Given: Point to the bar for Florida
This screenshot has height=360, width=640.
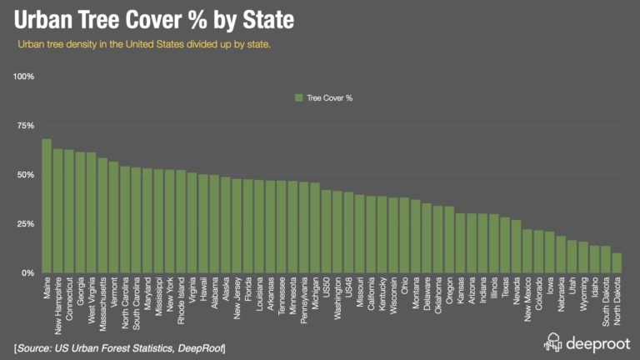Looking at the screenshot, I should (x=247, y=226).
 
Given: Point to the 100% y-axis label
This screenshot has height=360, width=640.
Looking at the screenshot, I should (x=22, y=77).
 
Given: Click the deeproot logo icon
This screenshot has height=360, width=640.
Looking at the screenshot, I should (x=553, y=342).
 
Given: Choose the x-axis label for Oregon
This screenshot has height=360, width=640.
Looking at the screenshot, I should (x=449, y=294).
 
